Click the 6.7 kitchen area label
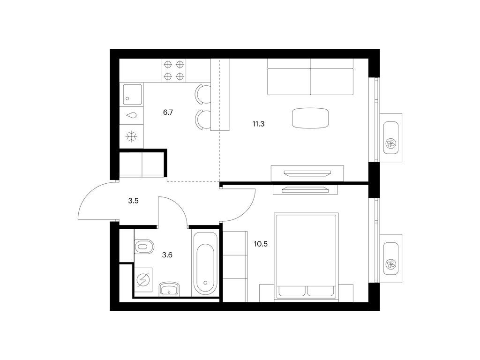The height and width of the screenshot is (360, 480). click(x=168, y=112)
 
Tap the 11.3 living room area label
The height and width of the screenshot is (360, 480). click(x=258, y=124)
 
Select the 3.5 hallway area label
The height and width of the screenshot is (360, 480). click(x=133, y=201)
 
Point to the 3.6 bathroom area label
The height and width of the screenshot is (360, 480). click(x=167, y=255)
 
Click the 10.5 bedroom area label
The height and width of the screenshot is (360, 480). click(x=261, y=244)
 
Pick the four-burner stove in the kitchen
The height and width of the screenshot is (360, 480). click(x=173, y=70)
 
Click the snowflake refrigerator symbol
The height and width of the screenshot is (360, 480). click(x=132, y=136)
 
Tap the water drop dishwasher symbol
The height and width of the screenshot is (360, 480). click(x=132, y=115)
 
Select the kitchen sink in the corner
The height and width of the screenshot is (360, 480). click(x=133, y=94)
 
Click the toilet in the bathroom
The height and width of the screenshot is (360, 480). click(x=144, y=247)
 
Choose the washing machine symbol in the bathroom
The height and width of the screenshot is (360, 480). click(x=143, y=279)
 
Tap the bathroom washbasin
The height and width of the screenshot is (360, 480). click(x=169, y=289)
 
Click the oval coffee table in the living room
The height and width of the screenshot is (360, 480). click(x=310, y=118)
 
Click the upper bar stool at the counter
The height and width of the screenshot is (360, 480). click(x=203, y=94)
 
